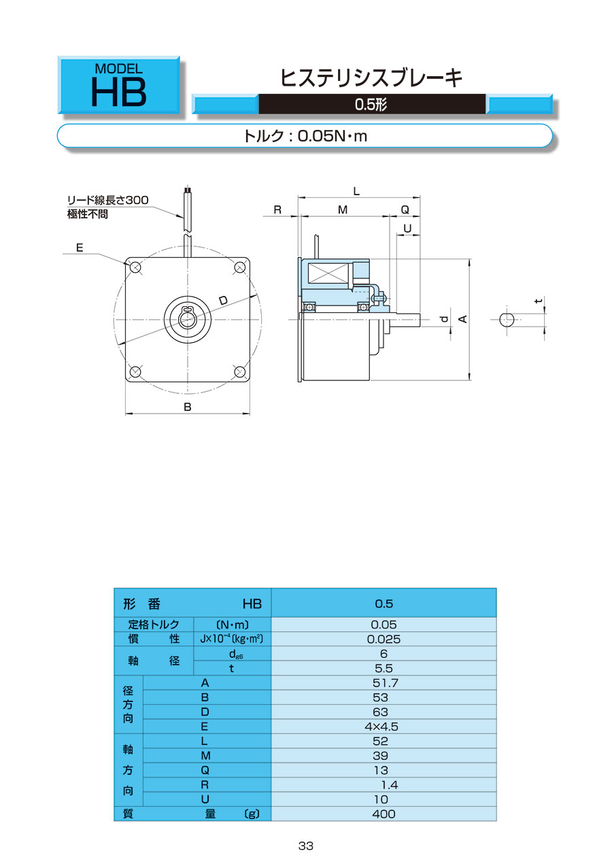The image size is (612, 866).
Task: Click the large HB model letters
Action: tap(118, 92)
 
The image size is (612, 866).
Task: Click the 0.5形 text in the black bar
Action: tap(371, 104)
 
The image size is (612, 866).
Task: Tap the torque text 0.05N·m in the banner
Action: tap(333, 136)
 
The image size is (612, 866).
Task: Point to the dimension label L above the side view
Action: tap(356, 191)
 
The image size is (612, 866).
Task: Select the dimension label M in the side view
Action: tap(343, 210)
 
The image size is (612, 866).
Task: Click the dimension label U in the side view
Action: tap(407, 229)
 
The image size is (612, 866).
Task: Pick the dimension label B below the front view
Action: tap(188, 407)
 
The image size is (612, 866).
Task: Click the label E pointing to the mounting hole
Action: tap(80, 248)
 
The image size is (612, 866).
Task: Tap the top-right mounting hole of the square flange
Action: tap(239, 267)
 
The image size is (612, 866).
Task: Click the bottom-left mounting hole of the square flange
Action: tap(135, 372)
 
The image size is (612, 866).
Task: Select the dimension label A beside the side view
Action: tap(462, 319)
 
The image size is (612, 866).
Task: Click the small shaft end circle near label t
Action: tap(506, 320)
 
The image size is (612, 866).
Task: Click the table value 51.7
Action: tap(385, 683)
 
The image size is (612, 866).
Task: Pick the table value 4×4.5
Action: tap(381, 727)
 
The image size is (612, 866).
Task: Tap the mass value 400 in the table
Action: tap(384, 814)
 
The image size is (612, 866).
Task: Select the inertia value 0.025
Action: tap(384, 639)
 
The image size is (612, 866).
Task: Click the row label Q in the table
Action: tap(205, 771)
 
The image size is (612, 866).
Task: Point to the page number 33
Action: tap(305, 846)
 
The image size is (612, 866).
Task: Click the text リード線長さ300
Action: tap(108, 200)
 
